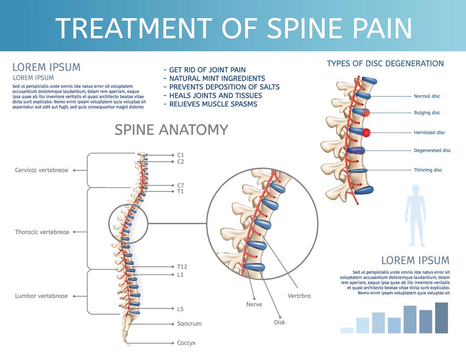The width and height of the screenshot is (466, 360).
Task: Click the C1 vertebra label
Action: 180,155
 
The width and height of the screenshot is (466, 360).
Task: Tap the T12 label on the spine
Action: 182,267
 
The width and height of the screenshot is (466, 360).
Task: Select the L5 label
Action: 180,309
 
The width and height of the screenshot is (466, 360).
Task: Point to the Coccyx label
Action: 187,343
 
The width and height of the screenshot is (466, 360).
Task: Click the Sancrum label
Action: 189,324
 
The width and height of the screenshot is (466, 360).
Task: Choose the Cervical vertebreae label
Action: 41,170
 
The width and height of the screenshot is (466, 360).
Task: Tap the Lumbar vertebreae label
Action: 41,296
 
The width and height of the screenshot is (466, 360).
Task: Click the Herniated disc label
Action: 429,133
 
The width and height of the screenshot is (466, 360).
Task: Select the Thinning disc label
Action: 428,170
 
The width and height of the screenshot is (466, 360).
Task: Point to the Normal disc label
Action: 427,96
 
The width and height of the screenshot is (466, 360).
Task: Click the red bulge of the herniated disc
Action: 367,133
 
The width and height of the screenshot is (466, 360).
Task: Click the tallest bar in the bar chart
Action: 441,318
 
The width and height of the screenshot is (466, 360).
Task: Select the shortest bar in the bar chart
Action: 346,330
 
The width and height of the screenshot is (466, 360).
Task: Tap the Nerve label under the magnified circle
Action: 254,305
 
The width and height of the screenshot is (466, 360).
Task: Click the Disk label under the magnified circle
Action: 280,322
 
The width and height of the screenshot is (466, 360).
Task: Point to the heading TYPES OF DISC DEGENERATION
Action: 385,64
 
